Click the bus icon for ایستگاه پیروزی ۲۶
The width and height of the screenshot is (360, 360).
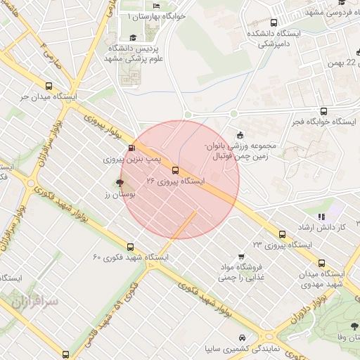(175, 170)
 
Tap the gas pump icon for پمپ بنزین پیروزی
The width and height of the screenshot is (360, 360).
(132, 148)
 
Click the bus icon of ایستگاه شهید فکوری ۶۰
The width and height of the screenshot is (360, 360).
(130, 247)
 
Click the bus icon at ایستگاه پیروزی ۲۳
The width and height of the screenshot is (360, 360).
(282, 234)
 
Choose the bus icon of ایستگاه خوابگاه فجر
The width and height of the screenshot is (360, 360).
(323, 111)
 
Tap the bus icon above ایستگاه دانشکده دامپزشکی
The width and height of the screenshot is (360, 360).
(274, 22)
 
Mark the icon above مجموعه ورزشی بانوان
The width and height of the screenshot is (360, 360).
(240, 136)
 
